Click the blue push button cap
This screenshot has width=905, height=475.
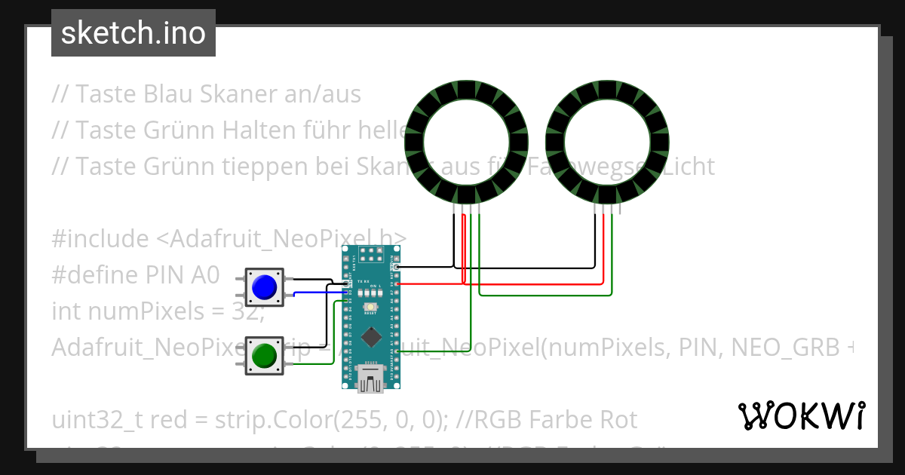(264, 287)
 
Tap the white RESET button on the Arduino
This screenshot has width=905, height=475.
(370, 308)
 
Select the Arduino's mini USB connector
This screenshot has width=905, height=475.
(370, 381)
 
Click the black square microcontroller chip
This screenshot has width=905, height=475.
(370, 338)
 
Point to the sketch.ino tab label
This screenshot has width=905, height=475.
(133, 33)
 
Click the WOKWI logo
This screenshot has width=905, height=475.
(801, 415)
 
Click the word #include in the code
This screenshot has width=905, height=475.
(101, 239)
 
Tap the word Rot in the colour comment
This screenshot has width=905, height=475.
(617, 418)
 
